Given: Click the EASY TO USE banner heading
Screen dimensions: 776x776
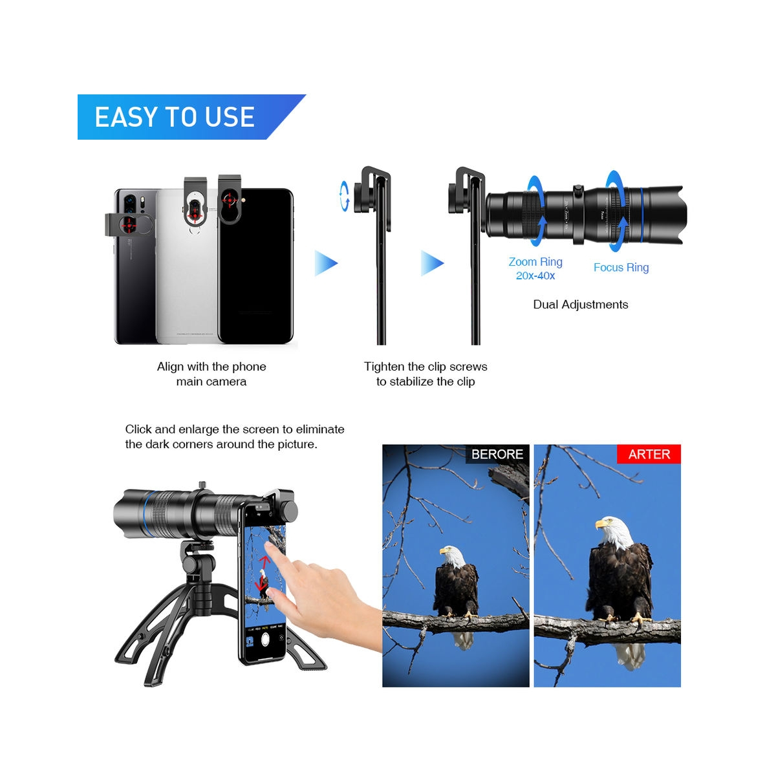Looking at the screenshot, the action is click(175, 117).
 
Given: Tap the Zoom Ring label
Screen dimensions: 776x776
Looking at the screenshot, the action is click(535, 262).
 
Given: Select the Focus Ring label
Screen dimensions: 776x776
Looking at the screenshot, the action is click(621, 267).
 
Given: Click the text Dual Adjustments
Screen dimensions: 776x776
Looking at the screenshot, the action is click(580, 305).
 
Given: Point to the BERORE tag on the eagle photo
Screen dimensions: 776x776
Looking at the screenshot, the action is click(497, 454).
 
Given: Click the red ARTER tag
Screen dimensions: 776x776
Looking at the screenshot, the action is click(649, 454).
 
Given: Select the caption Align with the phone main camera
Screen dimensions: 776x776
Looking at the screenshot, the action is click(211, 374).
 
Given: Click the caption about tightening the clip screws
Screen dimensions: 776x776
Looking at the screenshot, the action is click(426, 374).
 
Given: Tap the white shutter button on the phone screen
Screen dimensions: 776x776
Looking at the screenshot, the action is click(265, 638).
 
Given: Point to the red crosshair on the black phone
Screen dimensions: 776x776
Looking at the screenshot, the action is click(230, 200).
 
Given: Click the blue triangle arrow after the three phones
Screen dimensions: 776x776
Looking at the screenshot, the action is click(326, 263).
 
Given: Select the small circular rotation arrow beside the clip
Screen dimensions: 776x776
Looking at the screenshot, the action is click(344, 196).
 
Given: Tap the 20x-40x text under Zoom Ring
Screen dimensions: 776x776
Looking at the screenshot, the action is click(535, 276).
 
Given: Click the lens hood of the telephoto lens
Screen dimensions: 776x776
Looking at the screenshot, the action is click(665, 215).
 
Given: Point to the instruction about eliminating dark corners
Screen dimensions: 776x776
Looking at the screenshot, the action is click(234, 436).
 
